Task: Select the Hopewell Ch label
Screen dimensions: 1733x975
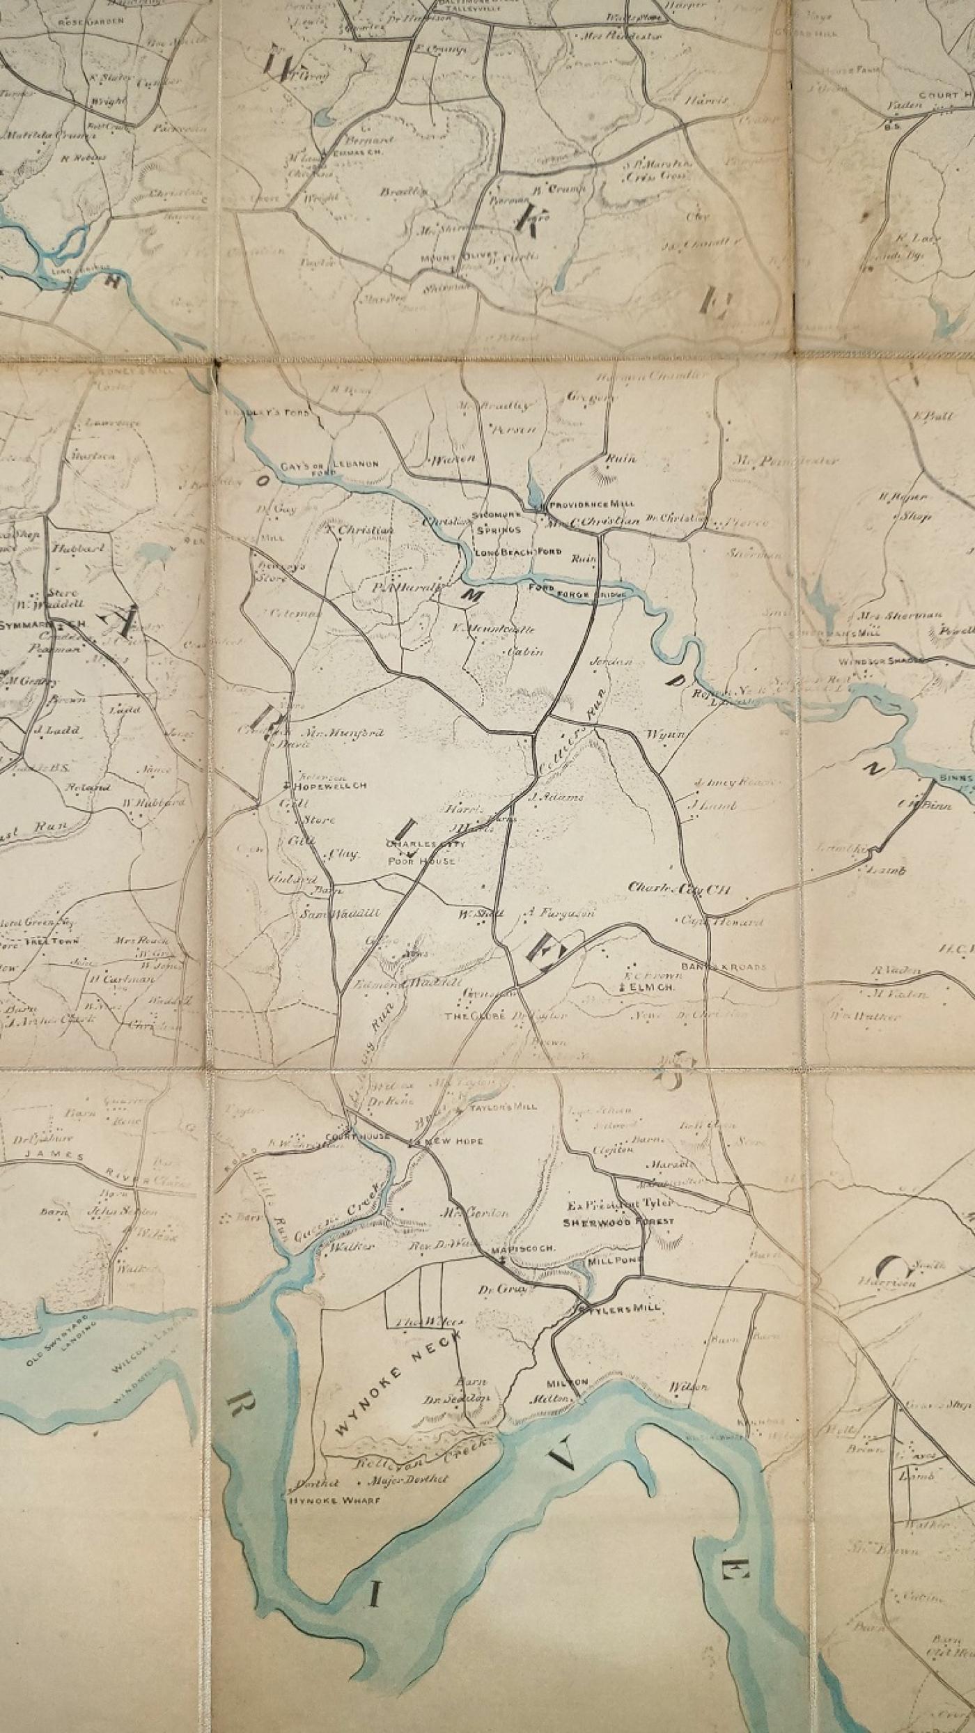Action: coord(331,786)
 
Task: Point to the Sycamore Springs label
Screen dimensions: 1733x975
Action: coord(497,522)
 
